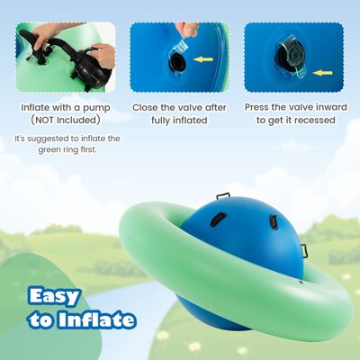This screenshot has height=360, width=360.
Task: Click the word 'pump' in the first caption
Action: click(98, 107)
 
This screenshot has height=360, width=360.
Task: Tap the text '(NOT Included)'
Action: click(65, 120)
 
